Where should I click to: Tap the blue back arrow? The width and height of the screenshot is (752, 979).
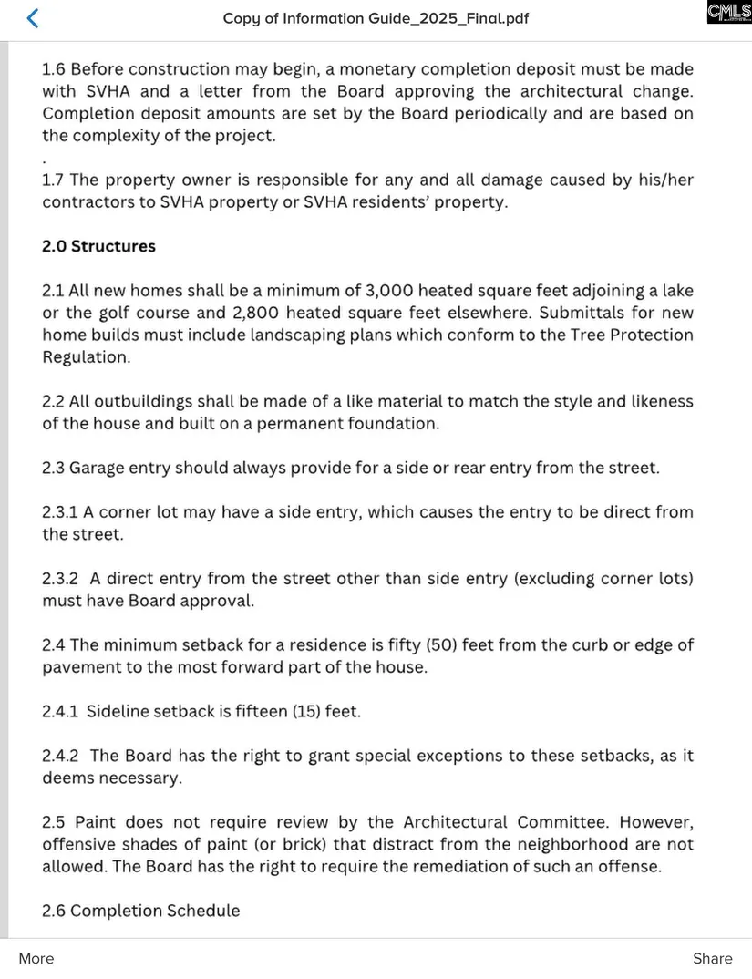tap(33, 18)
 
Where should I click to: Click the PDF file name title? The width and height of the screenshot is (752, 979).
tap(376, 19)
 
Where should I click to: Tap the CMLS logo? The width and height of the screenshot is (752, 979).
tap(729, 13)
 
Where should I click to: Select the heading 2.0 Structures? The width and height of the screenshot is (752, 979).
tap(98, 246)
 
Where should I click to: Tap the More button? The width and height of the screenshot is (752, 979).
tap(36, 958)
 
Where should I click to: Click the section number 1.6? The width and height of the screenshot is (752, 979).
tap(54, 69)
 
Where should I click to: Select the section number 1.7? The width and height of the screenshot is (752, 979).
tap(54, 180)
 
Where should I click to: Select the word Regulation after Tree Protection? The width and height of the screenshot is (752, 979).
tap(86, 357)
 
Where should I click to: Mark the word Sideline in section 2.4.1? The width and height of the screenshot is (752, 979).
tap(119, 712)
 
